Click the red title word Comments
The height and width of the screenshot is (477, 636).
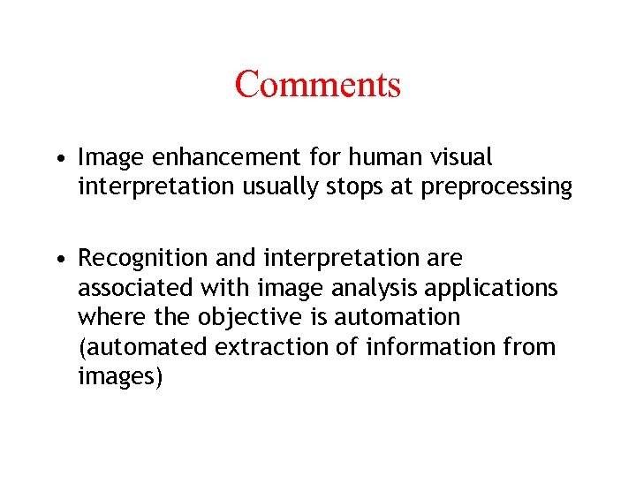pyautogui.click(x=318, y=85)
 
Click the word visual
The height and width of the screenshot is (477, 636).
pyautogui.click(x=462, y=158)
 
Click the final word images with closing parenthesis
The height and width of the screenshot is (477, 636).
pyautogui.click(x=120, y=375)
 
